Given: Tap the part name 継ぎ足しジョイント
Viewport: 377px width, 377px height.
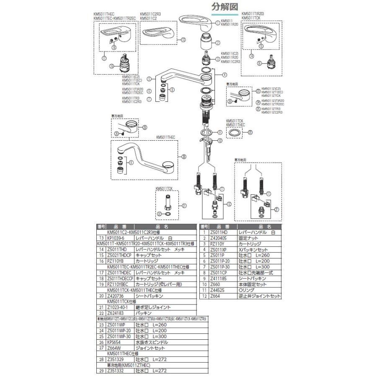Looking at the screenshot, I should click(152, 307).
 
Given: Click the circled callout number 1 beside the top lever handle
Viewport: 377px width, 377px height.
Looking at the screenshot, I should click(218, 23).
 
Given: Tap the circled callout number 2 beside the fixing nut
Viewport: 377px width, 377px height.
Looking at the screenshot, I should click(218, 42).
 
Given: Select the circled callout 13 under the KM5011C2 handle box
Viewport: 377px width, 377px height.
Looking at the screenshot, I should click(183, 40).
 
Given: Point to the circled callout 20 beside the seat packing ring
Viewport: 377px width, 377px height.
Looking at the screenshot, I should click(250, 133).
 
